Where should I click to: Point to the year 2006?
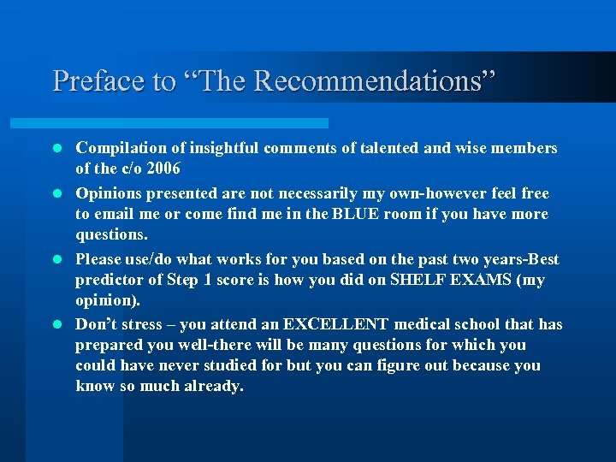point(163,169)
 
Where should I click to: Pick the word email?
point(115,214)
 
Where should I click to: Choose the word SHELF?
point(417,280)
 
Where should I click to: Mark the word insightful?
point(222,149)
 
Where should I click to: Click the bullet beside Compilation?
point(59,149)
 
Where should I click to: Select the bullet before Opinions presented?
point(59,193)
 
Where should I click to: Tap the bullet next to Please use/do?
point(59,259)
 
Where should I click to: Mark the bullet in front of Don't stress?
point(59,324)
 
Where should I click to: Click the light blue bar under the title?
point(188,123)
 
